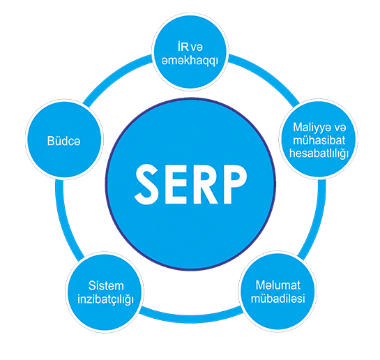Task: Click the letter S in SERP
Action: point(146,184)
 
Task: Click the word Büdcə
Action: point(63,141)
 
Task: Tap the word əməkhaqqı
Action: point(190,61)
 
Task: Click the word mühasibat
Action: point(319,140)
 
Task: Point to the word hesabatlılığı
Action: point(319,153)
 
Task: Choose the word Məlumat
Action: point(278,285)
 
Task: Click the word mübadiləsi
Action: point(278,298)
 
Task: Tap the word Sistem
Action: point(106,285)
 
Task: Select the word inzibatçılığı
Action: point(106,299)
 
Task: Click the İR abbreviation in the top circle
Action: point(183,47)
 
